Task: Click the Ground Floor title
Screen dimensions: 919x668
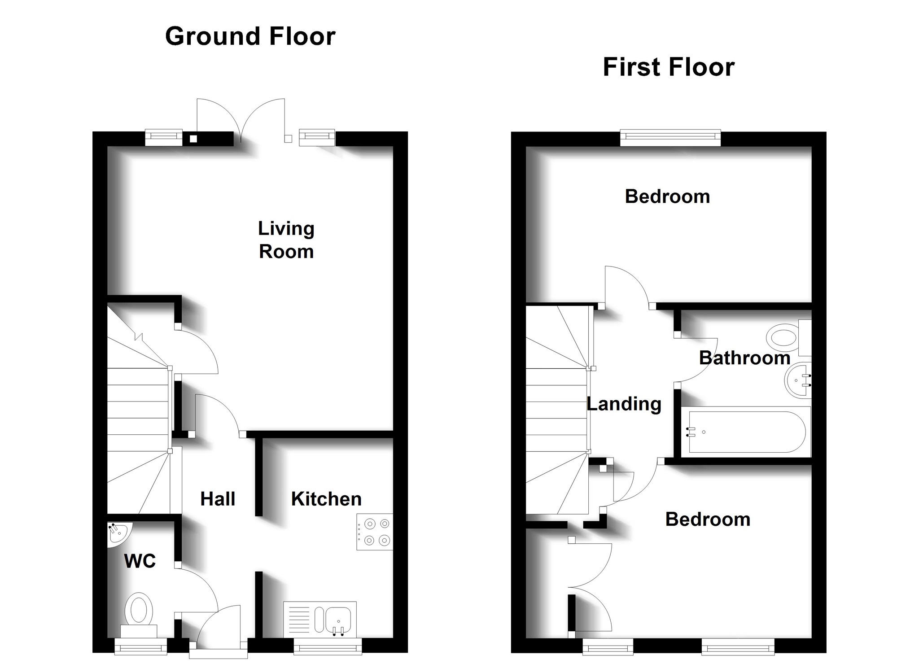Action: pos(250,37)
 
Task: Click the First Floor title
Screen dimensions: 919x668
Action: pos(669,67)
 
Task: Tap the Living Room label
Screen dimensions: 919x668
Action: pos(286,240)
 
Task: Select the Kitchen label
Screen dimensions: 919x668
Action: pos(326,499)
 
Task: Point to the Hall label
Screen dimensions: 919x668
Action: pos(218,499)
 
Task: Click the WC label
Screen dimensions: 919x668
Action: pos(140,561)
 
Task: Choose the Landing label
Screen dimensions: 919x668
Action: pos(624,404)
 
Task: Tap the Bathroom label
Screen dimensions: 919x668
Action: pos(745,358)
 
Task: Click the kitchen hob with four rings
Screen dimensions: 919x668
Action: pos(375,532)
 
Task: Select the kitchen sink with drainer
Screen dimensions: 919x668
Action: pos(320,620)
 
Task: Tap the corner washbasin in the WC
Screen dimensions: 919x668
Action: pos(118,534)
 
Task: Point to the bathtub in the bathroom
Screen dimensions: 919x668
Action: pos(746,432)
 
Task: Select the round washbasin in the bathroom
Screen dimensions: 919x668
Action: pos(798,380)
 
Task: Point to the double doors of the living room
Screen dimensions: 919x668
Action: pos(241,120)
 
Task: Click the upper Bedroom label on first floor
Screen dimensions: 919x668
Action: pos(667,196)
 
